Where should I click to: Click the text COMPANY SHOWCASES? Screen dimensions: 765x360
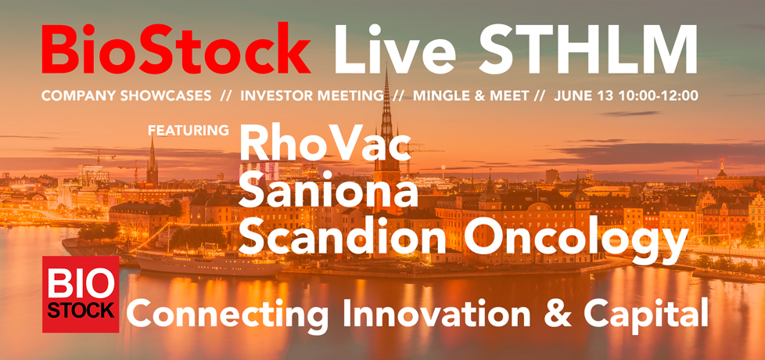(127, 95)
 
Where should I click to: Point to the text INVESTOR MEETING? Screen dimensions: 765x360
(312, 95)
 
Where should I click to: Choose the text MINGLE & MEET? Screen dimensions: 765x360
(472, 95)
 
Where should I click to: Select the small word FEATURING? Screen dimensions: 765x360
(189, 130)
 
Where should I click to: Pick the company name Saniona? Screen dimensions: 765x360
(329, 189)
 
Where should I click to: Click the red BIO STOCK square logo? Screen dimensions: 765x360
(81, 294)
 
